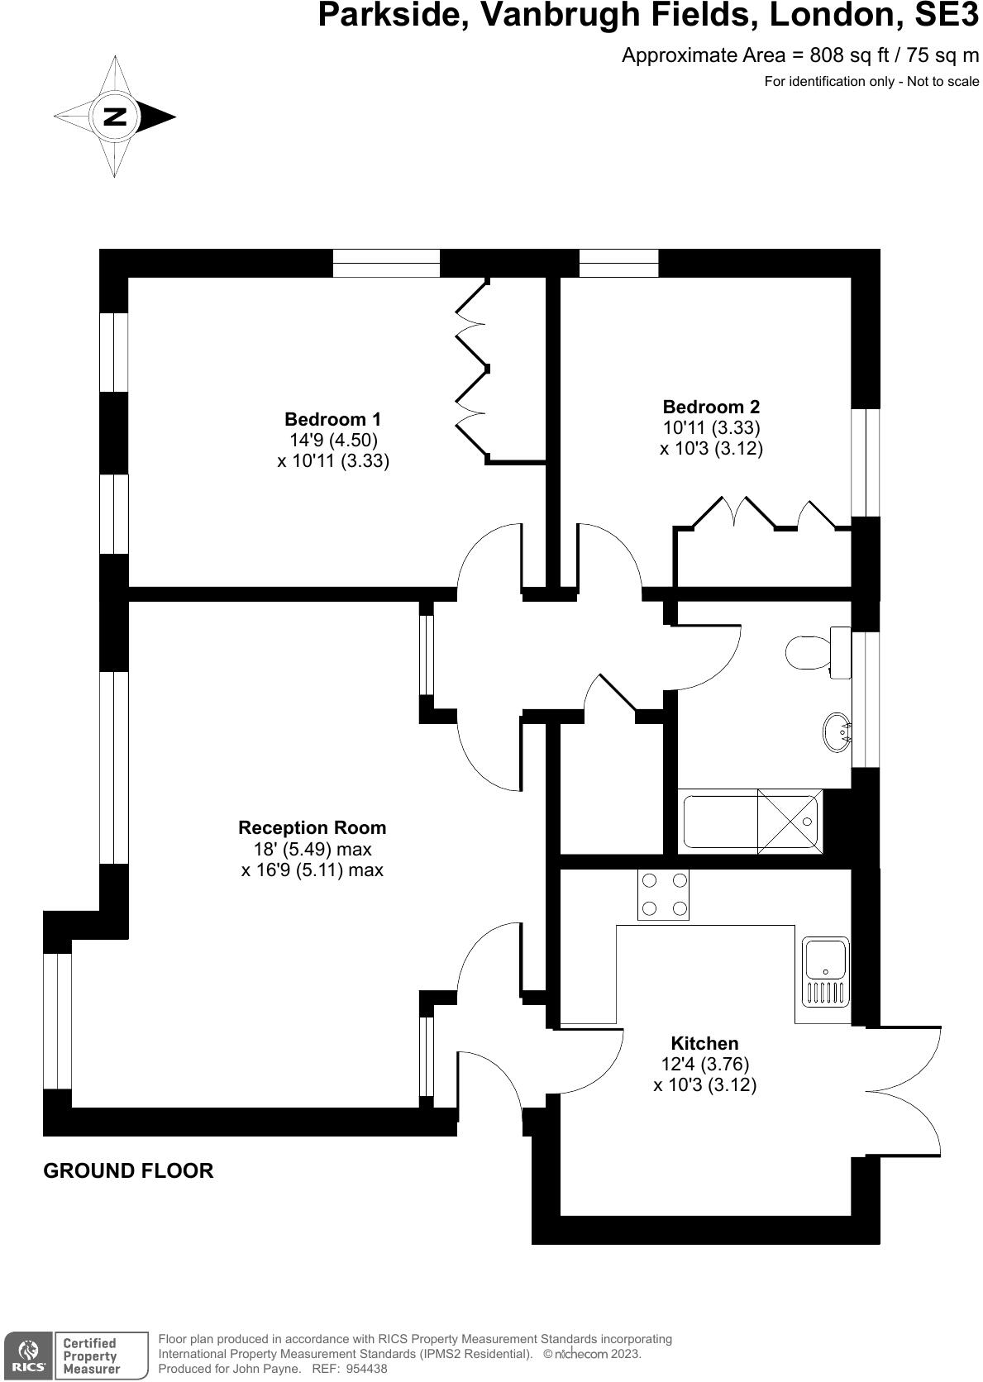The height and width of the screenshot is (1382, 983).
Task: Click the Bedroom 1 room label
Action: [x=332, y=419]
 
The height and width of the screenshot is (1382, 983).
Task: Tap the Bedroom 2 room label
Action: [x=711, y=407]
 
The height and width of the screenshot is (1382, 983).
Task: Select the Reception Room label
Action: [x=312, y=827]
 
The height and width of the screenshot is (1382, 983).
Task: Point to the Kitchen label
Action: [x=704, y=1043]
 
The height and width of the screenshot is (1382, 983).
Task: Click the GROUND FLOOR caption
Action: [x=128, y=1170]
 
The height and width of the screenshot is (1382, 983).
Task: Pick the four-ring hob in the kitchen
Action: [x=664, y=895]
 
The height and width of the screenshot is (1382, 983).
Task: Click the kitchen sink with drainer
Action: [x=825, y=970]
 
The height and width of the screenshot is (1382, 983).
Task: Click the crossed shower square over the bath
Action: [x=789, y=821]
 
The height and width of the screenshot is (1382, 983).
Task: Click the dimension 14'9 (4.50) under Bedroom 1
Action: [x=332, y=440]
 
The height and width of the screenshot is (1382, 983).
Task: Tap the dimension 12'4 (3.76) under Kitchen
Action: [x=704, y=1065]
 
